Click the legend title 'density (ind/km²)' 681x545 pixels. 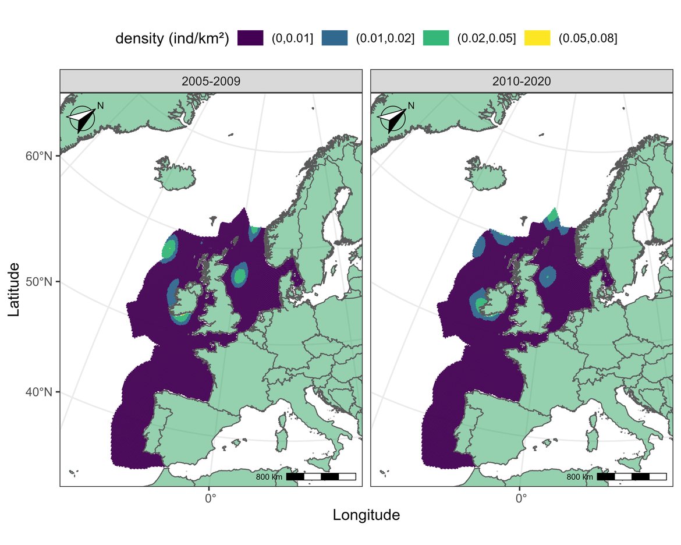[172, 38]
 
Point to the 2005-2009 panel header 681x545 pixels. [211, 82]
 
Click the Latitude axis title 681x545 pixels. [15, 289]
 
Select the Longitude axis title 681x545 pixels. [366, 515]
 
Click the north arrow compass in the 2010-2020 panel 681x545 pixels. [392, 119]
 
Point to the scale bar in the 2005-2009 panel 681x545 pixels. [321, 477]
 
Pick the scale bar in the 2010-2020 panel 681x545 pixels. [632, 477]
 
